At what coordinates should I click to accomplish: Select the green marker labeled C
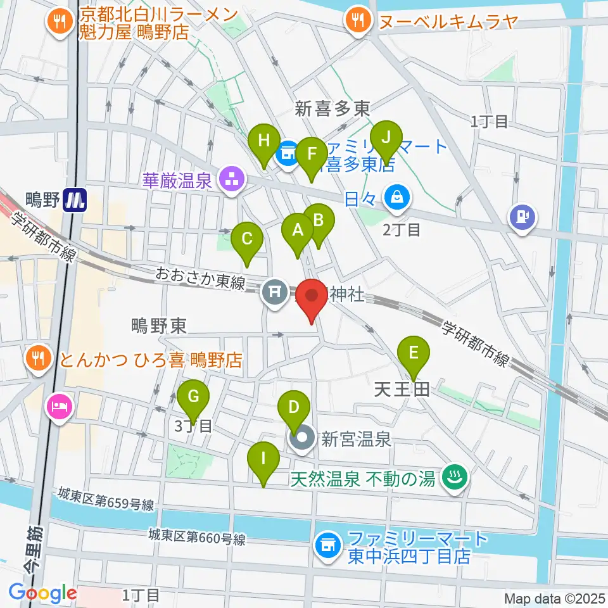[x=247, y=241]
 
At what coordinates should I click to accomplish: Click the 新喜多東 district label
[x=332, y=110]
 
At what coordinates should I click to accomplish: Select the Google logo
[x=42, y=593]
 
